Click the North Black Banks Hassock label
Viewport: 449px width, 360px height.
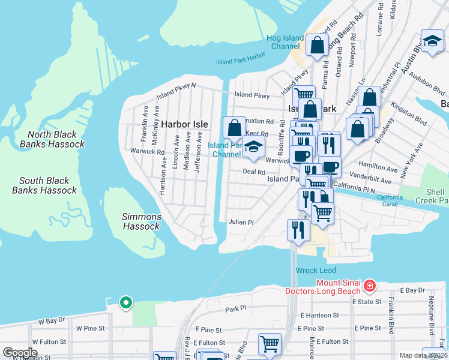click(52, 140)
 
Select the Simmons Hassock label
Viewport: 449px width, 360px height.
click(142, 221)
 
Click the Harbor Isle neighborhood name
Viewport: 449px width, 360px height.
click(184, 124)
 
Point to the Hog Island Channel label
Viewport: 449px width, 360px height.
click(286, 42)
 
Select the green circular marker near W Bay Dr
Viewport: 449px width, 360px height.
click(125, 302)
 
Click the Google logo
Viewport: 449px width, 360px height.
click(20, 353)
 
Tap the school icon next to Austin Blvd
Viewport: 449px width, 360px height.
click(432, 41)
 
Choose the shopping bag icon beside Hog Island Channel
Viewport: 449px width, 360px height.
click(317, 45)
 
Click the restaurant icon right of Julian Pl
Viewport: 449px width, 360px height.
click(298, 229)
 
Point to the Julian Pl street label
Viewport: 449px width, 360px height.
click(241, 222)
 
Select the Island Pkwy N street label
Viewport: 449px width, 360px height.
click(176, 90)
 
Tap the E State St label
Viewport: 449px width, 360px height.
click(367, 302)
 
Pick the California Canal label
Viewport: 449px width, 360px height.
click(390, 201)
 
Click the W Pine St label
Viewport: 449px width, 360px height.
click(91, 329)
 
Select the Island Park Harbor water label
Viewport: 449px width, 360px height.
click(240, 59)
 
